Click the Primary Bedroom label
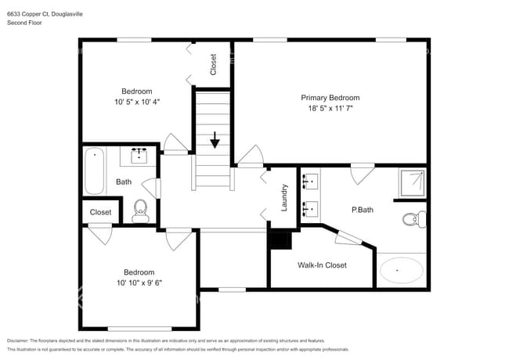pos(330,98)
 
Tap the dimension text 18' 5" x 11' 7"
pos(330,109)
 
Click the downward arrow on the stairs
pos(214,141)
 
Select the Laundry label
pos(285,198)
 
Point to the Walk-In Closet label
pos(321,265)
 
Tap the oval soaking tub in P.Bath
pos(401,271)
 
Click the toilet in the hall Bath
pos(140,209)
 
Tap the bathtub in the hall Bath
pos(95,171)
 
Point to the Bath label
pos(124,182)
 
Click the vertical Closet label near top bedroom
pos(214,64)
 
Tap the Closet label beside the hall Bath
pos(100,212)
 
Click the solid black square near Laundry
pos(280,240)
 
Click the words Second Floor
pos(25,23)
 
